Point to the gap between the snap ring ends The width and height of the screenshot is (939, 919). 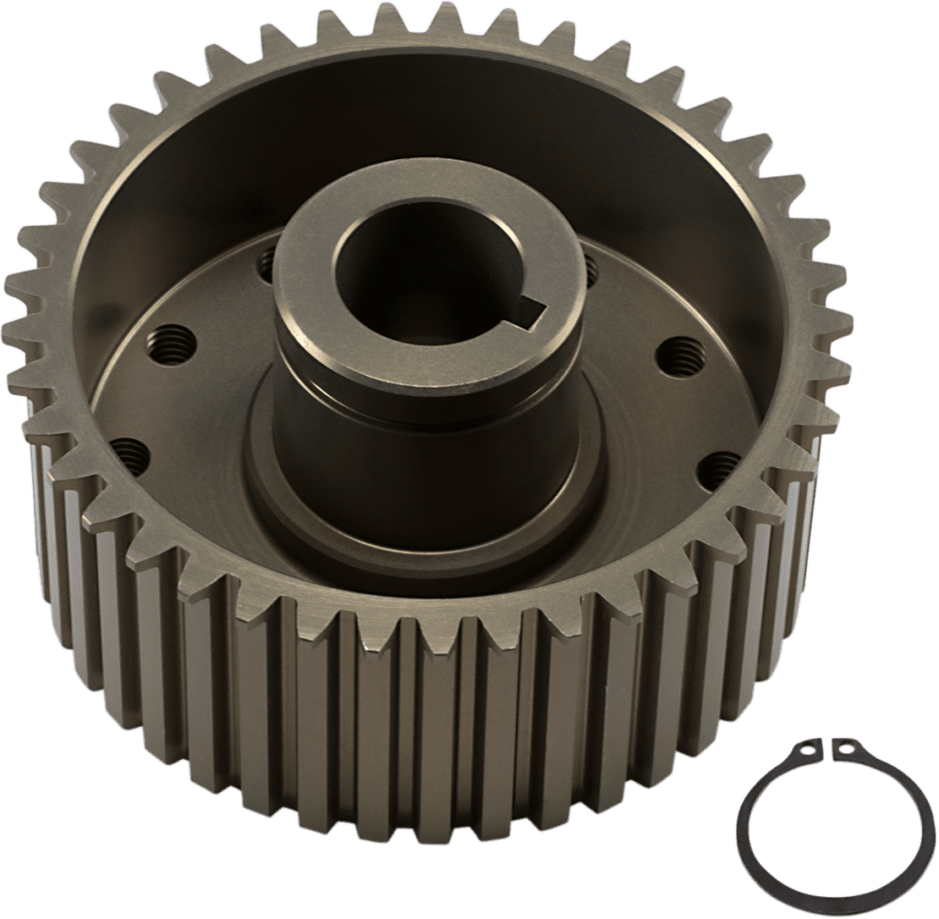[x=824, y=746]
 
